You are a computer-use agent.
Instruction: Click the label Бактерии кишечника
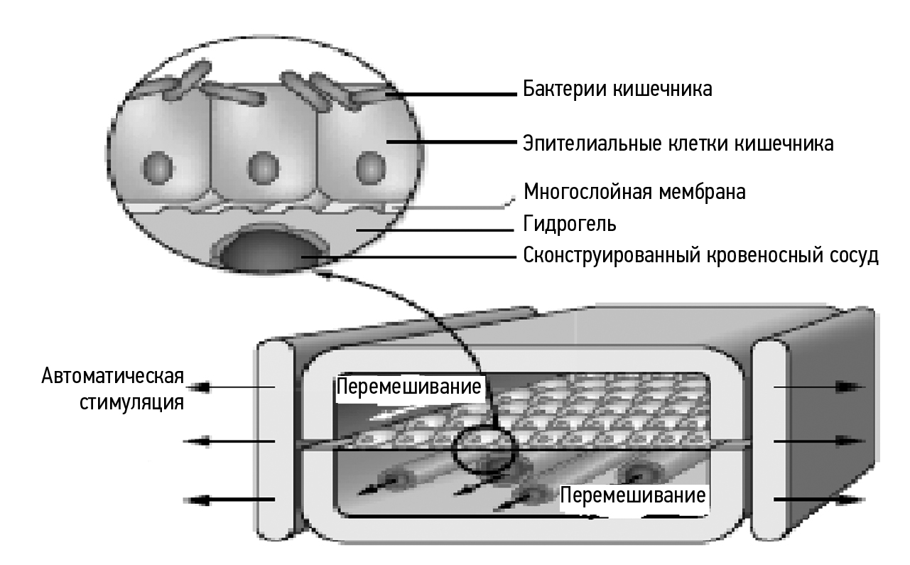[617, 90]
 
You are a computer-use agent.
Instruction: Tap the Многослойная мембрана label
[634, 192]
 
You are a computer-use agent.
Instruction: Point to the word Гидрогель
[569, 225]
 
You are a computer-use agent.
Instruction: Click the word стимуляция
[134, 404]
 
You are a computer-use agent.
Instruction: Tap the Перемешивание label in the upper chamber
[410, 388]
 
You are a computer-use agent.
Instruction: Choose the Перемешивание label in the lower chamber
[634, 495]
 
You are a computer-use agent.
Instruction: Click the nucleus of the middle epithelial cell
[263, 168]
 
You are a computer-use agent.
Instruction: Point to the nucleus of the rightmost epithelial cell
[369, 168]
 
